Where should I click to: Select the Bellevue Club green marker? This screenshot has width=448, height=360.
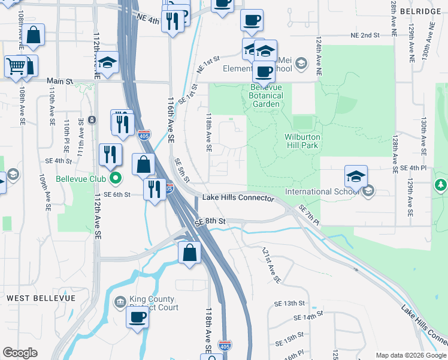pos(116,178)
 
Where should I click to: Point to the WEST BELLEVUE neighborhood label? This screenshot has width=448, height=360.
pos(41,298)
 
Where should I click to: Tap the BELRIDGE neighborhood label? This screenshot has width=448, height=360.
pos(426,11)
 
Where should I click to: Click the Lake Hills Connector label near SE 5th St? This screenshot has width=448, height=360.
pos(238,197)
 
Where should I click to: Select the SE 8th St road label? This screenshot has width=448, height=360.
pos(210,221)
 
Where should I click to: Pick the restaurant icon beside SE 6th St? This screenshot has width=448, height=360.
pos(155,189)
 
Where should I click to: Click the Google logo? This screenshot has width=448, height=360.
pos(20,353)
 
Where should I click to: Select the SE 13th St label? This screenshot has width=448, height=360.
pos(290,303)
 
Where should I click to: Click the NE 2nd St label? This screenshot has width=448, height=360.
pos(365,35)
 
